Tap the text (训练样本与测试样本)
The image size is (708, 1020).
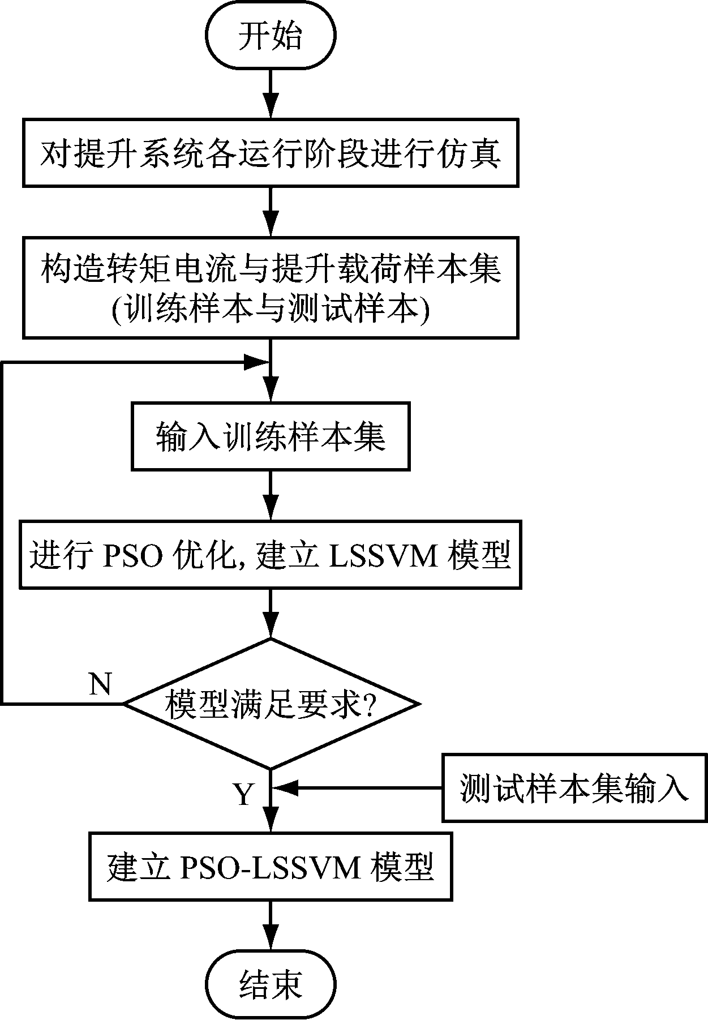pos(271,310)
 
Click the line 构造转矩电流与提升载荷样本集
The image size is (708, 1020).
pos(271,268)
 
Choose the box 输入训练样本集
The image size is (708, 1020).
pos(271,436)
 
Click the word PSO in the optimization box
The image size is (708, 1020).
pos(131,556)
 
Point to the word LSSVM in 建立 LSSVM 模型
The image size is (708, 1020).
pos(383,556)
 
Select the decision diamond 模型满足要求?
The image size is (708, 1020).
pos(271,704)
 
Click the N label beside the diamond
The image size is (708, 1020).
pos(101,684)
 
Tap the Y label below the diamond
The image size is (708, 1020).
pos(244,794)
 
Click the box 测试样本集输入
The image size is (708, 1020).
pos(574,788)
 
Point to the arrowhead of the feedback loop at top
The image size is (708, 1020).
pos(256,362)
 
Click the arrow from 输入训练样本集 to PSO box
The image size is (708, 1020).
pos(271,496)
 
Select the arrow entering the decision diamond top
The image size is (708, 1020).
pos(271,615)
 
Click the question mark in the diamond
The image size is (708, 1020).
pos(368,705)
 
